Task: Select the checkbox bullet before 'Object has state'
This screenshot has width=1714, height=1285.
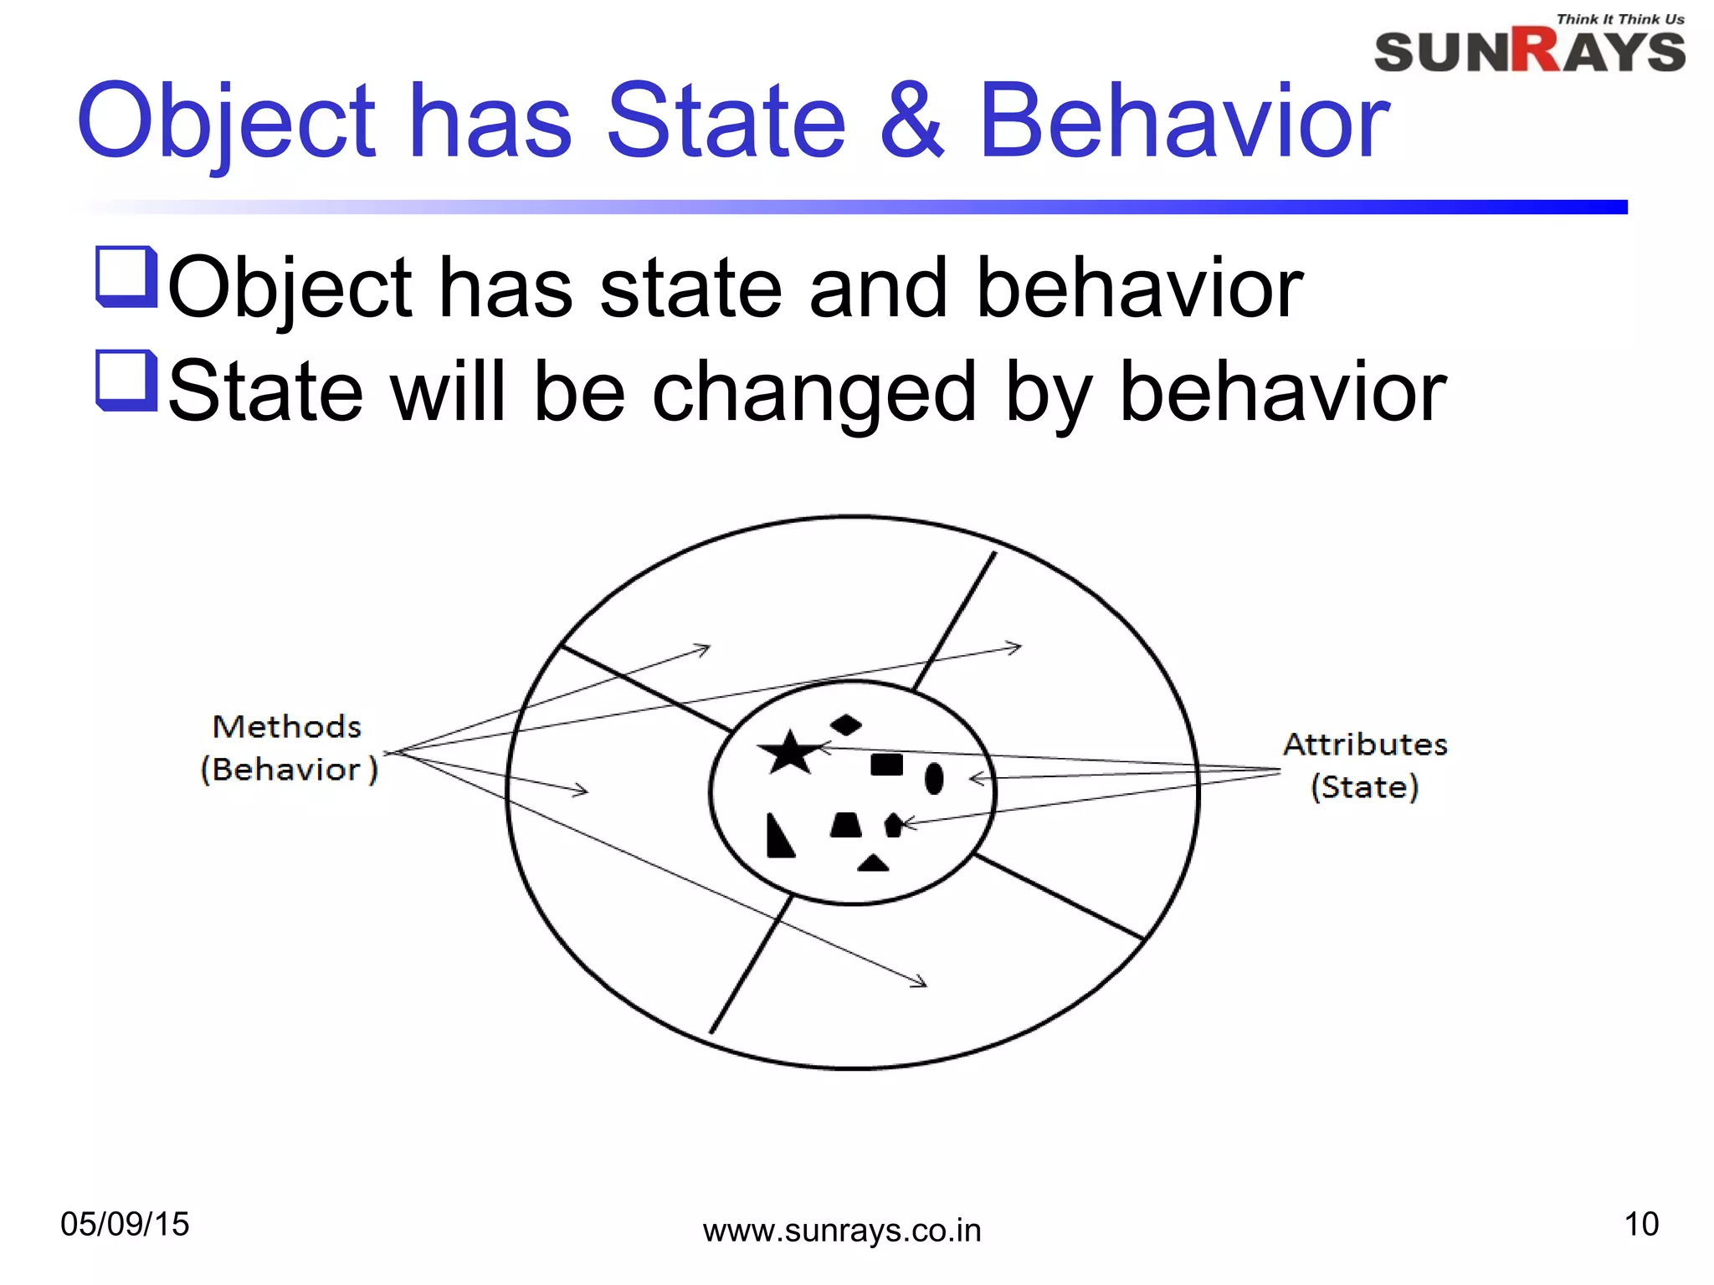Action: pyautogui.click(x=126, y=277)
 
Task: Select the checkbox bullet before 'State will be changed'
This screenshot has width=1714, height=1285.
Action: pyautogui.click(x=126, y=381)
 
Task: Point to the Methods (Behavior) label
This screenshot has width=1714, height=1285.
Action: pyautogui.click(x=288, y=748)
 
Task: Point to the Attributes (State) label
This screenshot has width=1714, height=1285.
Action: pyautogui.click(x=1365, y=765)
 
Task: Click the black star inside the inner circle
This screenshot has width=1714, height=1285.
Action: pyautogui.click(x=788, y=753)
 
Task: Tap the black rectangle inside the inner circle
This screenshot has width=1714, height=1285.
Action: pyautogui.click(x=886, y=765)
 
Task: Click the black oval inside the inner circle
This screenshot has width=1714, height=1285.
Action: pyautogui.click(x=934, y=779)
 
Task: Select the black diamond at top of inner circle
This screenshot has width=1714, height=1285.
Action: pyautogui.click(x=845, y=724)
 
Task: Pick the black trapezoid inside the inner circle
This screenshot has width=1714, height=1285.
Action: pyautogui.click(x=845, y=825)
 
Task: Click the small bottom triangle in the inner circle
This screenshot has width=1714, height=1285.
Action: pyautogui.click(x=873, y=863)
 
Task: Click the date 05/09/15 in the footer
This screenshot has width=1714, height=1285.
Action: pyautogui.click(x=125, y=1224)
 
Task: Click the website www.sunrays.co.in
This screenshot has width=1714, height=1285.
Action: pyautogui.click(x=841, y=1231)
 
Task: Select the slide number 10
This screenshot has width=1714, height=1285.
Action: pyautogui.click(x=1640, y=1224)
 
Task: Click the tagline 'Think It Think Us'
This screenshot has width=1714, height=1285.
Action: pyautogui.click(x=1619, y=19)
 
